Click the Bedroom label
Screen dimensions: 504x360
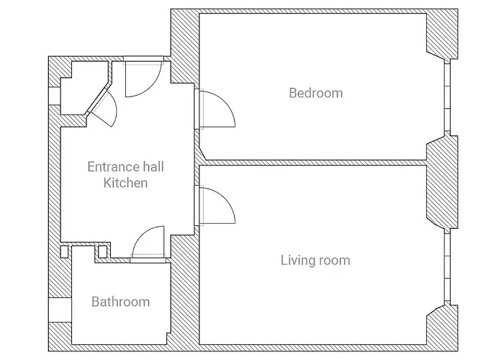[315, 93]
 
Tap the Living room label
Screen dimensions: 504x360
[315, 260]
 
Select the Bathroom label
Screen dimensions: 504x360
[120, 302]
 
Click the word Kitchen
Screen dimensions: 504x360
[125, 183]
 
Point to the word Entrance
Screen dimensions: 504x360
[110, 167]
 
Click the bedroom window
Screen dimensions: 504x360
[447, 97]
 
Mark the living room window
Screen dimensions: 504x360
[447, 267]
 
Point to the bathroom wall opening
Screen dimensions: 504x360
[60, 310]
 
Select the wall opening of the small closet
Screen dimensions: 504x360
[55, 96]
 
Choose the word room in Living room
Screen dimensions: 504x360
[334, 260]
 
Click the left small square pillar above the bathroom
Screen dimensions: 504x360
[65, 252]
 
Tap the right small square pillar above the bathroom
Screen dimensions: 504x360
[102, 252]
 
